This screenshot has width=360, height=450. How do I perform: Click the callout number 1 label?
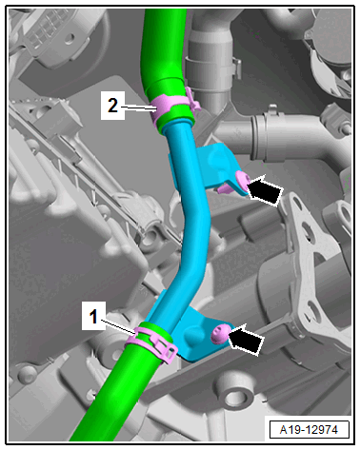point(93,316)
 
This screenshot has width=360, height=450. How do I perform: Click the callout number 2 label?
point(112,106)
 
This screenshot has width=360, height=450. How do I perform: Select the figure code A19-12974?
point(309,430)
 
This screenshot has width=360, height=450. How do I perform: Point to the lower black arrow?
point(246,340)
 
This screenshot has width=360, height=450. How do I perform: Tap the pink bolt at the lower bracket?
point(220,334)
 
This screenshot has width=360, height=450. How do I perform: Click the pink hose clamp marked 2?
point(173,107)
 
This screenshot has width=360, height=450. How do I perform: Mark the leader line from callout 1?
point(119,327)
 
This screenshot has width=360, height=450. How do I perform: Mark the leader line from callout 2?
point(139,108)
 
